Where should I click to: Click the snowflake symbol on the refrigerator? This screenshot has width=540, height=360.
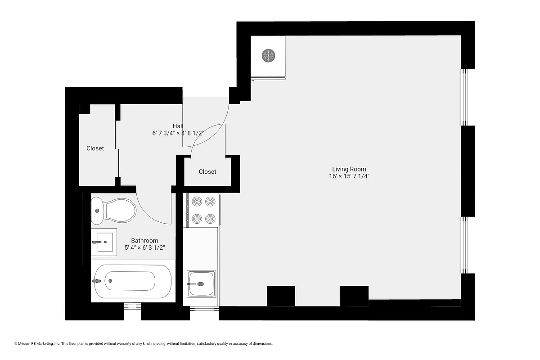click(x=269, y=56)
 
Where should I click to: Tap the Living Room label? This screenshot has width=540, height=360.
click(x=349, y=169)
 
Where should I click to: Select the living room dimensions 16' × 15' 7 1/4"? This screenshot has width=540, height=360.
click(x=349, y=176)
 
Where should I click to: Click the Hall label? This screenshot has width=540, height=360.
click(x=178, y=126)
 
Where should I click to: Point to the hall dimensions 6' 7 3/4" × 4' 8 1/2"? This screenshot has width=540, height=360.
click(x=178, y=133)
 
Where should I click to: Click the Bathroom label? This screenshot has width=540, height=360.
click(x=144, y=241)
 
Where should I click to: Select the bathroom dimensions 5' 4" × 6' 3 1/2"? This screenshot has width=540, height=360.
click(x=144, y=247)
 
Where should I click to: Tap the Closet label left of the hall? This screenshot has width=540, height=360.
click(x=95, y=148)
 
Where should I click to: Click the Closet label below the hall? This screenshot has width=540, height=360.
click(x=207, y=171)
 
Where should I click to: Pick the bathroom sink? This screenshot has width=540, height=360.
click(x=104, y=242)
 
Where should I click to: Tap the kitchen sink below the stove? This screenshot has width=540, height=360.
click(x=202, y=283)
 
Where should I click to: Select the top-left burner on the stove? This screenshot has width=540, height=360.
click(x=197, y=201)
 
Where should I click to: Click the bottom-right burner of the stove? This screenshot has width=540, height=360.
click(x=211, y=219)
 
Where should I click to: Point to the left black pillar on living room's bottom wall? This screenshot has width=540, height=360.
click(x=281, y=296)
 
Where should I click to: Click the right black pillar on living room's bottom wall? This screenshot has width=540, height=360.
click(x=354, y=296)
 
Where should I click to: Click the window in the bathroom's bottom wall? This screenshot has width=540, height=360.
click(x=132, y=307)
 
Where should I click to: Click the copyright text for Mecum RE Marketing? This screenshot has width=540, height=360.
click(x=144, y=344)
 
